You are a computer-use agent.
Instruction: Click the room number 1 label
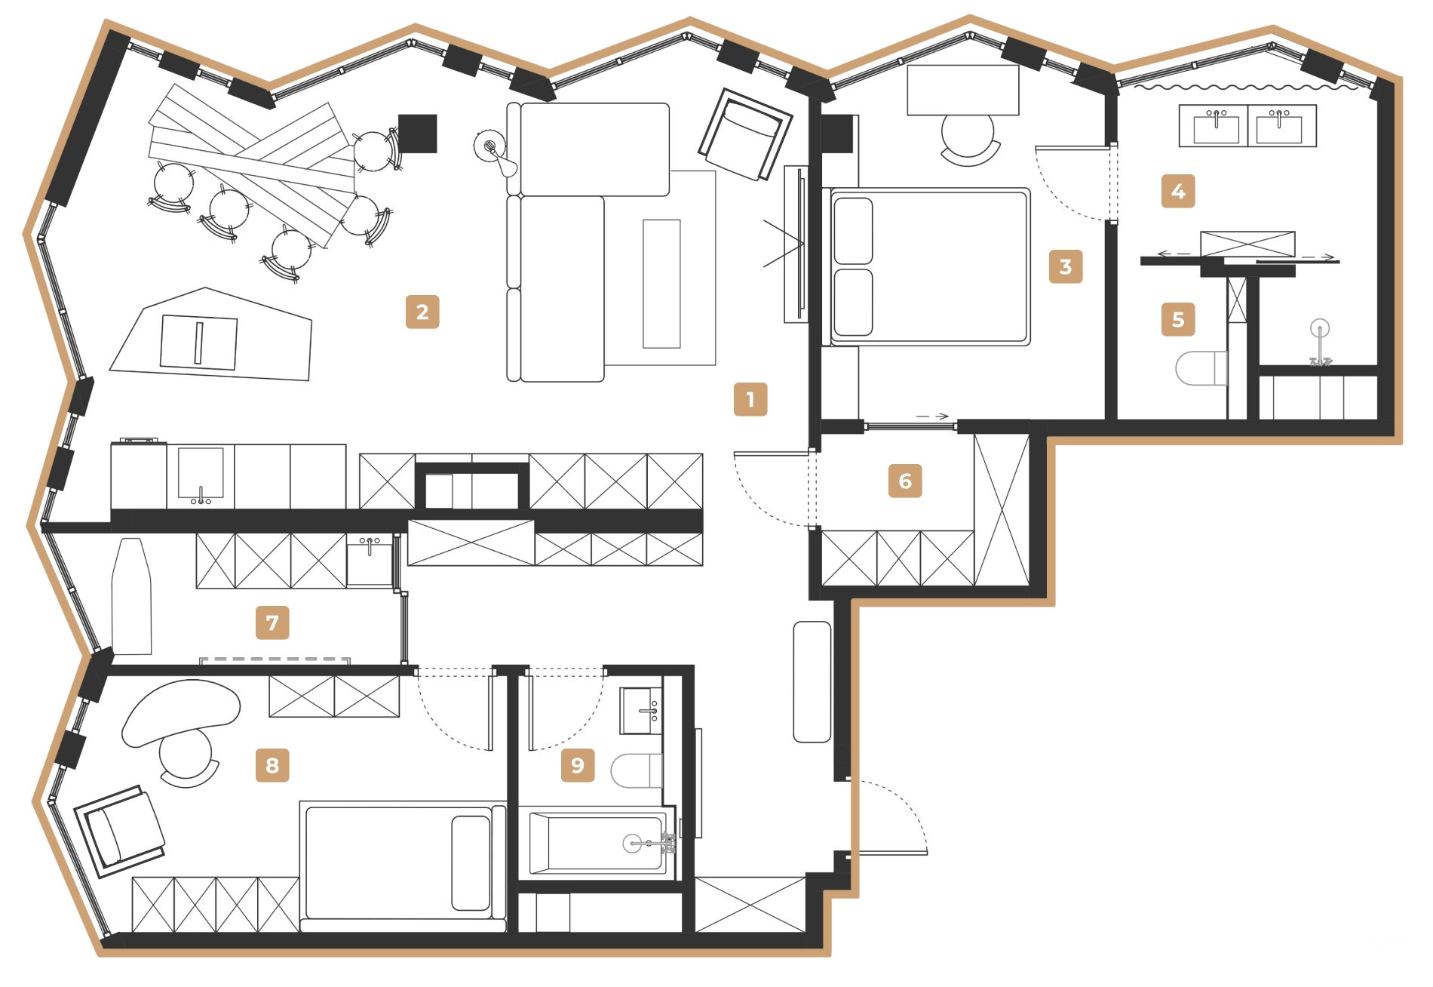750,399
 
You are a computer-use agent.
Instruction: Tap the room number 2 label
422,312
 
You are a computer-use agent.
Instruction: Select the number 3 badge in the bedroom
1066,266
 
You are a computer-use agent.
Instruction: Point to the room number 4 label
1178,191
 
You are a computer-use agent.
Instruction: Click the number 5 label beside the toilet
1178,319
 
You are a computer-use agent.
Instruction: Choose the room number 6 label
906,481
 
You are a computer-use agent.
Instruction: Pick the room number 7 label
272,623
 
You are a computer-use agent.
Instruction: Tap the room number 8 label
272,765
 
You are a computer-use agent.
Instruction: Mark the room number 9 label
578,765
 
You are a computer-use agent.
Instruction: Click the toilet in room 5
1201,368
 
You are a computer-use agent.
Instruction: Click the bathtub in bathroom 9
596,843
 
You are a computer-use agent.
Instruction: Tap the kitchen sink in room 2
201,473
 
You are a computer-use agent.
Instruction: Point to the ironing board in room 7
132,596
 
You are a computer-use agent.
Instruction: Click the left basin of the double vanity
1216,125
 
